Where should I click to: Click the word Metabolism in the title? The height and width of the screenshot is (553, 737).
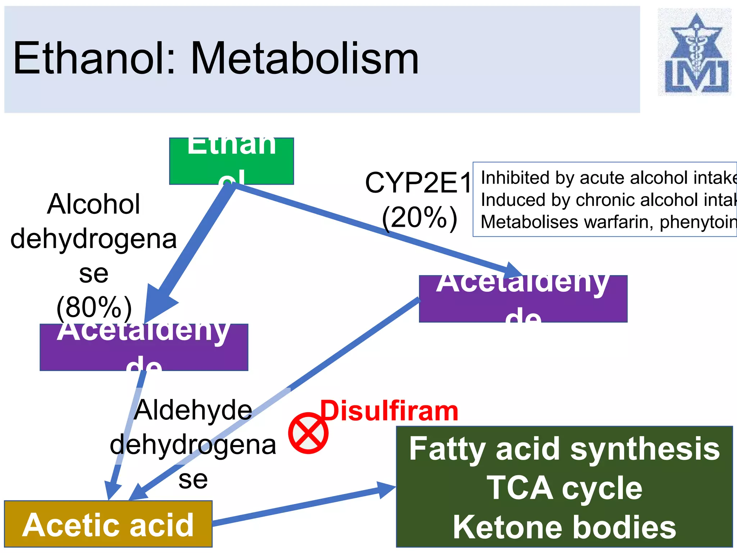304,58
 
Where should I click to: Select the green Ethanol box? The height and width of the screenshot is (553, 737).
231,161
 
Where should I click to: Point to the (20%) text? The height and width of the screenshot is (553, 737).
419,218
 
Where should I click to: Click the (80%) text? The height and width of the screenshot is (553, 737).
94,307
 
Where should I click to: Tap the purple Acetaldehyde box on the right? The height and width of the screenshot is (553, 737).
523,299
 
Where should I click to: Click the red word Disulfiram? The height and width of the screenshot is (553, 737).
389,411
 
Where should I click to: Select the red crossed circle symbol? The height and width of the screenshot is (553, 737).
308,433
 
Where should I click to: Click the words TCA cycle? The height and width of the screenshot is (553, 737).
564,488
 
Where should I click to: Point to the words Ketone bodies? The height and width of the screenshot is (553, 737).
564,527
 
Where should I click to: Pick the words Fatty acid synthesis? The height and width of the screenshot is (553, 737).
564,449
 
